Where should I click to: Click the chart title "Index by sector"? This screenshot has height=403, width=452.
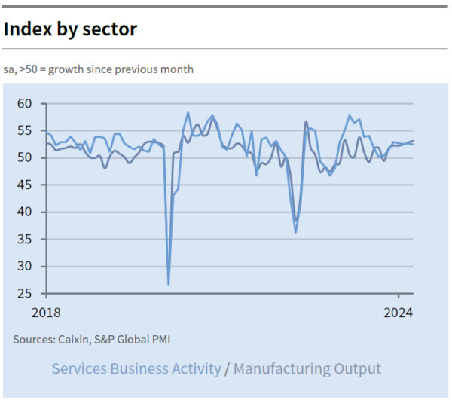coord(70,29)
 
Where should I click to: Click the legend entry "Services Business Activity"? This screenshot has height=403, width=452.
coord(136,368)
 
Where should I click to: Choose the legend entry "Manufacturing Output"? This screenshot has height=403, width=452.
coord(307,368)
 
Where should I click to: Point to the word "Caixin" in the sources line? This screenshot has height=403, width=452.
coord(77,340)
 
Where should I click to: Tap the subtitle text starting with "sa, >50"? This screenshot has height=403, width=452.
coord(98,69)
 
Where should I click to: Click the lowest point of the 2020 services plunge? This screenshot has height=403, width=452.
coord(168,285)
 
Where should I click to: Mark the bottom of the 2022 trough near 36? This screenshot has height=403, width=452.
coord(295,232)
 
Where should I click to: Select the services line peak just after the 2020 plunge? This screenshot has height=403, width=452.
coord(188,113)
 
